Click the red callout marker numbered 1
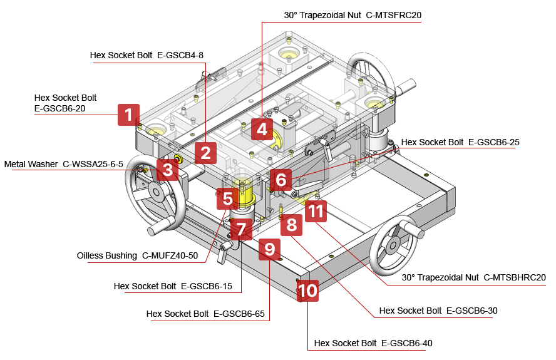tap(128, 115)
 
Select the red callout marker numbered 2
tap(205, 152)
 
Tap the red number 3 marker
tap(167, 169)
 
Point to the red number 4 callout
tap(262, 130)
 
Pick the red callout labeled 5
tap(227, 199)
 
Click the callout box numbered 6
tap(281, 180)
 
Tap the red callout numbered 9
tap(269, 249)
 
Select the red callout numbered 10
tap(308, 291)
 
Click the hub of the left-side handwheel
tap(153, 195)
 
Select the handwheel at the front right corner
tap(394, 245)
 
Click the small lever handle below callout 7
tap(223, 253)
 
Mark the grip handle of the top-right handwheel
tap(407, 86)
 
